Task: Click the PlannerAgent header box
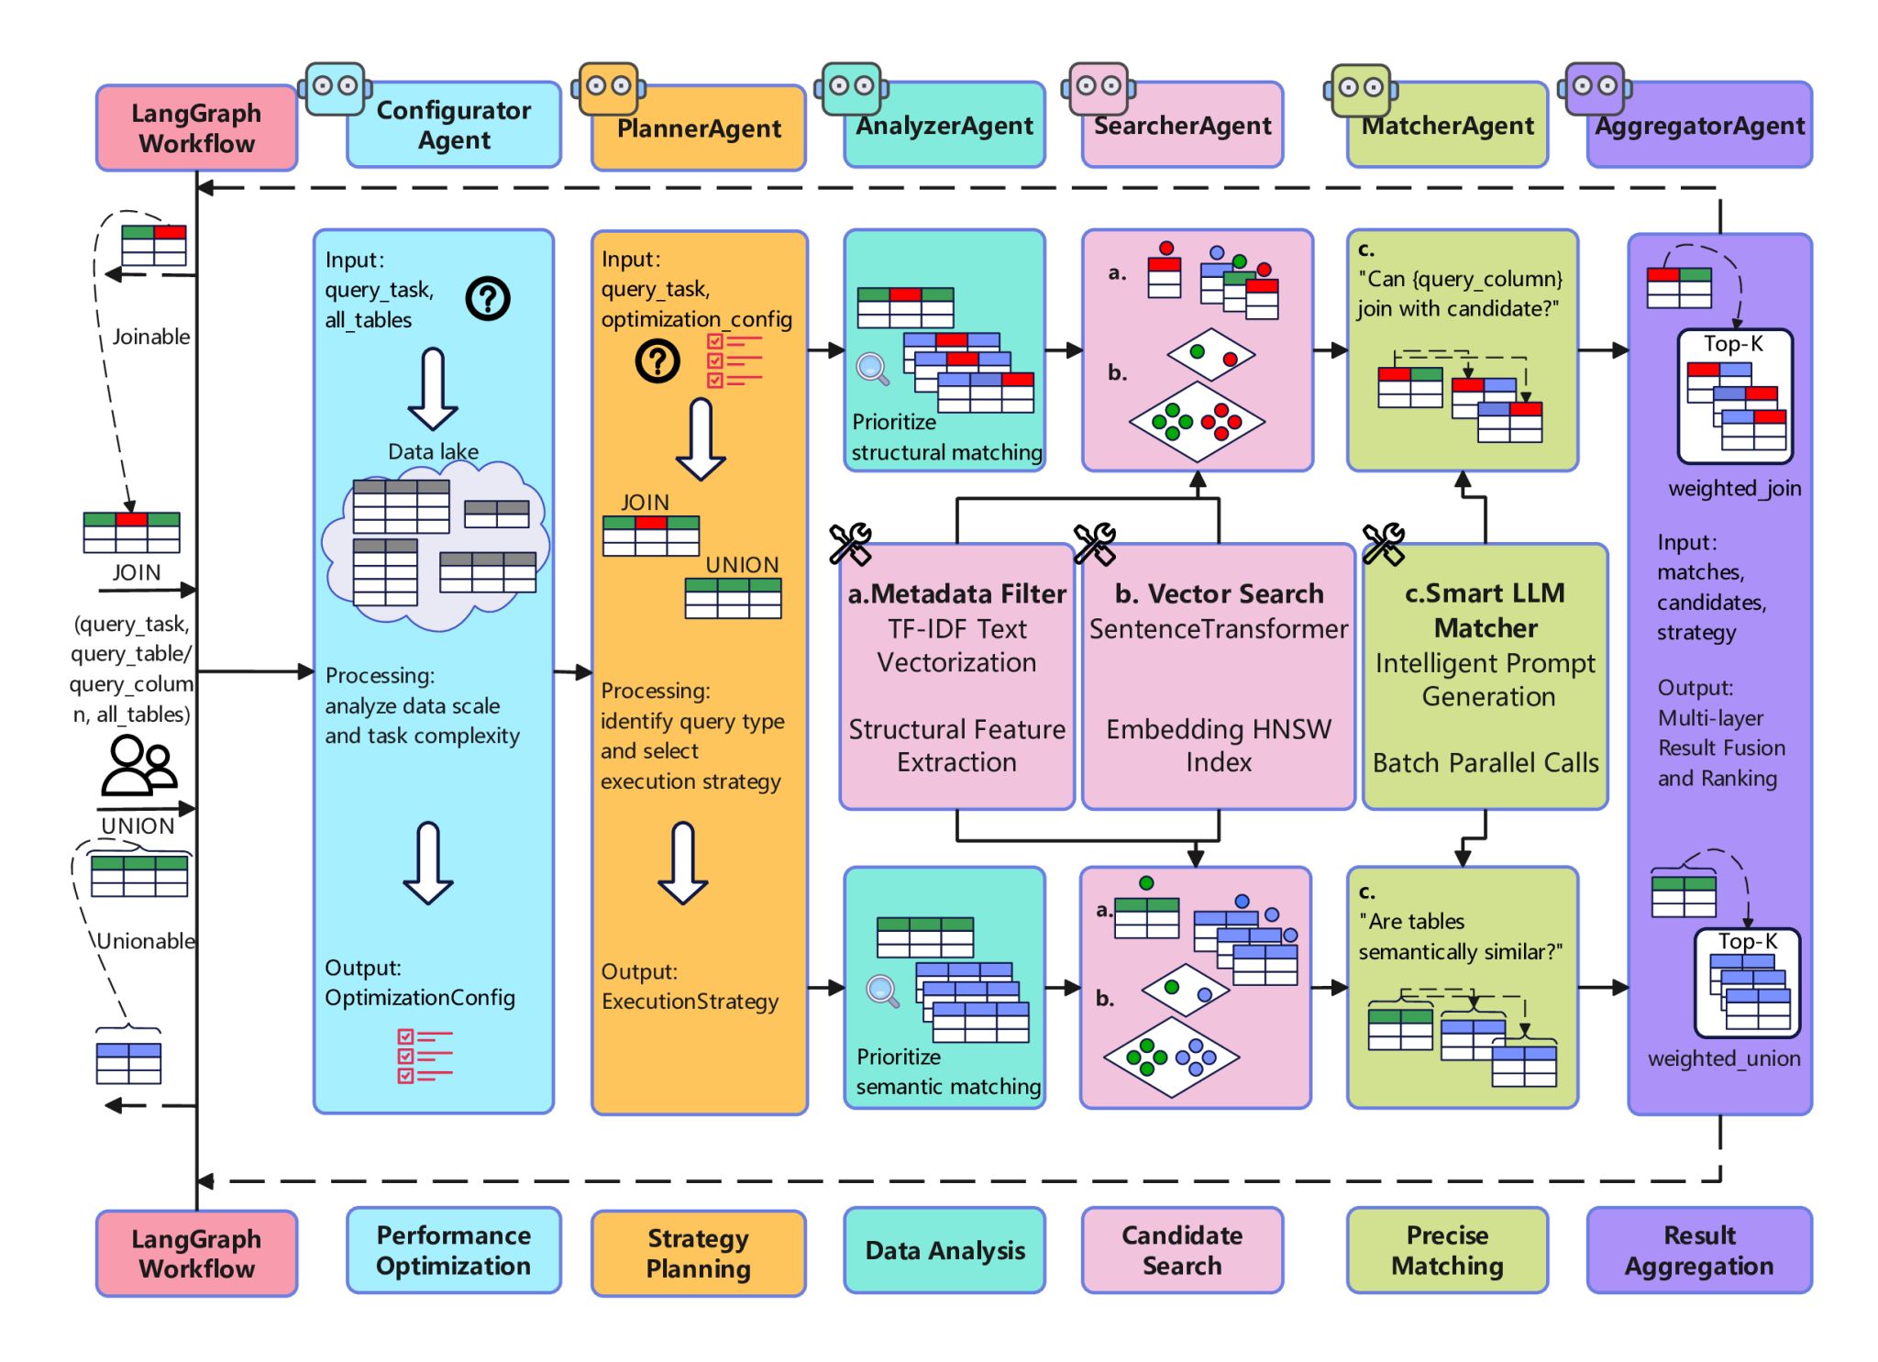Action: [699, 128]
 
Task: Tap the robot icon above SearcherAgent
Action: [1099, 88]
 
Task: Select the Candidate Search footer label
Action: [1182, 1250]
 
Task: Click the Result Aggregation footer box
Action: [1699, 1250]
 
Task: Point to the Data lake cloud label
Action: [433, 451]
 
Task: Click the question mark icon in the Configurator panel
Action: [488, 298]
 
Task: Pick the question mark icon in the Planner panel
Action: [657, 361]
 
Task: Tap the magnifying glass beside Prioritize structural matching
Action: [872, 369]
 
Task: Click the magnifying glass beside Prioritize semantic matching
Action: [882, 991]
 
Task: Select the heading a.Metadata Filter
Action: [956, 594]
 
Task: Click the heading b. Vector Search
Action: [1219, 594]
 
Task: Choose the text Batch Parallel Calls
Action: [1486, 763]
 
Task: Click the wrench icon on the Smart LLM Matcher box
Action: [1383, 543]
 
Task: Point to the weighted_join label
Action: [1734, 488]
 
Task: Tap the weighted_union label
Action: [1724, 1058]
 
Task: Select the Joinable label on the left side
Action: [151, 337]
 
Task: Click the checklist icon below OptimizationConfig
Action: [424, 1056]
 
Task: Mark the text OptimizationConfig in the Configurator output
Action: [420, 998]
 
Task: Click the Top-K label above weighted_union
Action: [1748, 942]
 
